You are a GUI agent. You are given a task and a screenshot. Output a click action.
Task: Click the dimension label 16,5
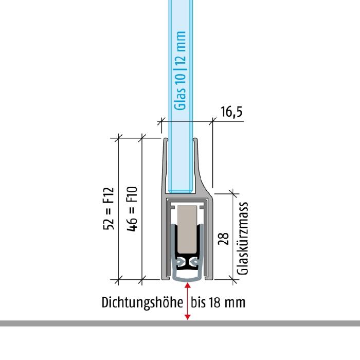(231, 112)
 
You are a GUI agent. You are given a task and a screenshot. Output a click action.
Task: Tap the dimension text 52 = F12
(109, 209)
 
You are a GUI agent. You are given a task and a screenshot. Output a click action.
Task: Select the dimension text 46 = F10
(132, 209)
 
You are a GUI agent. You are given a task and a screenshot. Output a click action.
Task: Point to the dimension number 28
(223, 239)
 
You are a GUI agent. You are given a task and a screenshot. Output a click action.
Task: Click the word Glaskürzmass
(243, 238)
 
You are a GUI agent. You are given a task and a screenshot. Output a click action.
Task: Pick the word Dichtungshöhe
(142, 302)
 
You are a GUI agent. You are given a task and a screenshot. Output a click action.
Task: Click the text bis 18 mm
(218, 302)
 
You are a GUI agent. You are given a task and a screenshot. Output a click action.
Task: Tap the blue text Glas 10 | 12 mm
(180, 70)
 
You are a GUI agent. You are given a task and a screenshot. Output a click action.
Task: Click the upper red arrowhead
(188, 285)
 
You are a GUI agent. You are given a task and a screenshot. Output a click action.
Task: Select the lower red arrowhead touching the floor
(188, 317)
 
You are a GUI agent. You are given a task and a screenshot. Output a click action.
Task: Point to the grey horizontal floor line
(180, 323)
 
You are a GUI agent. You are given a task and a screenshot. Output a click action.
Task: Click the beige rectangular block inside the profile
(187, 229)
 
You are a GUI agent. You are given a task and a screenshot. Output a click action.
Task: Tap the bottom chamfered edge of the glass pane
(180, 191)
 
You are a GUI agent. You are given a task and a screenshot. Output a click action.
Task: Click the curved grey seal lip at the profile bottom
(187, 278)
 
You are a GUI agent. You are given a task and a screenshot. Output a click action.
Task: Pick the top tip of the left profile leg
(166, 139)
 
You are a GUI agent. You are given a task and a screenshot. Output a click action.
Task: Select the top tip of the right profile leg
(195, 139)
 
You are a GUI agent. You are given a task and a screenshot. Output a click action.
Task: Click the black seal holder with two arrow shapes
(187, 261)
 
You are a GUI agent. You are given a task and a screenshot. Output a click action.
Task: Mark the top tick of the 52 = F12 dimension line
(118, 138)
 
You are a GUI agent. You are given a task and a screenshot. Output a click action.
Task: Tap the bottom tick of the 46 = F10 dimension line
(142, 280)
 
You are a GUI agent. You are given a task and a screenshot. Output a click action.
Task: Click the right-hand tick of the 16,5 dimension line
(212, 121)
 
